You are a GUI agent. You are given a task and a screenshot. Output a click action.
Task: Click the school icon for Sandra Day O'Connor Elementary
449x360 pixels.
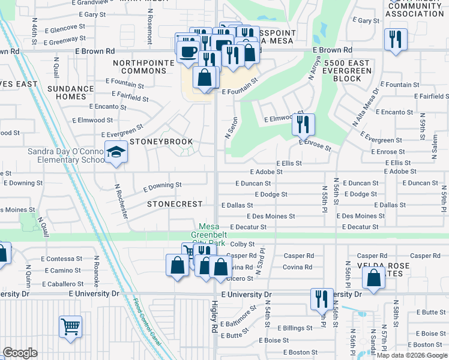[x=116, y=152]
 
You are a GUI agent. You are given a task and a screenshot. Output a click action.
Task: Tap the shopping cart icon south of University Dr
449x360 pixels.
[x=71, y=327]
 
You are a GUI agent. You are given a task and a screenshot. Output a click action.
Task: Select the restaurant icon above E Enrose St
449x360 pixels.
[x=303, y=124]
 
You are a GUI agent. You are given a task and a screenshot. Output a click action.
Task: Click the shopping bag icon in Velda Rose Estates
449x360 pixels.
[x=373, y=278]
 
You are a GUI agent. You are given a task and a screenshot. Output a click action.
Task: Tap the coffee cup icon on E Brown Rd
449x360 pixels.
[x=188, y=50]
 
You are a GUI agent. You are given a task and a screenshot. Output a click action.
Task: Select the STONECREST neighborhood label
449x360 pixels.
[x=175, y=204]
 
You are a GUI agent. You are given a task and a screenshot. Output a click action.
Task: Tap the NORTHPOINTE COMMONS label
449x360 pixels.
[x=139, y=67]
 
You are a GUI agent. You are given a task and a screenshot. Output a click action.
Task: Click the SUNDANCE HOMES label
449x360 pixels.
[x=70, y=92]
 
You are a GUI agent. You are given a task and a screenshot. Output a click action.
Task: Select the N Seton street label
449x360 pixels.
[x=228, y=128]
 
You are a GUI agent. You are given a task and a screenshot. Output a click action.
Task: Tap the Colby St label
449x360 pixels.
[x=243, y=244]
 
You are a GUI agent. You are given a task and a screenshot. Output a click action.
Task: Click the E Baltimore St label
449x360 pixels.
[x=239, y=315]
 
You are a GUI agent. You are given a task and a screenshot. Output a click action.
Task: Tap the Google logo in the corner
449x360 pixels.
[x=19, y=353]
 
